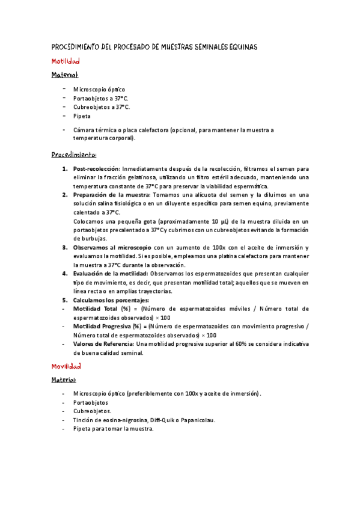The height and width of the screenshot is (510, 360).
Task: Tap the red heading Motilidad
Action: [x=65, y=61]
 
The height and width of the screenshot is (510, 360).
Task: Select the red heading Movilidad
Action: [x=66, y=365]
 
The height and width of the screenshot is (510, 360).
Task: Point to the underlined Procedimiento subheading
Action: [x=75, y=154]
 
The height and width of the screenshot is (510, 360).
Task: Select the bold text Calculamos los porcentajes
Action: [x=111, y=300]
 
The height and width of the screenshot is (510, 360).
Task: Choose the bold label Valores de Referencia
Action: [x=103, y=343]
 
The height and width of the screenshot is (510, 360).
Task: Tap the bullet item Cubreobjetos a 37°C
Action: [x=101, y=107]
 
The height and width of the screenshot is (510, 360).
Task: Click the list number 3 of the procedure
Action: [x=65, y=247]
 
